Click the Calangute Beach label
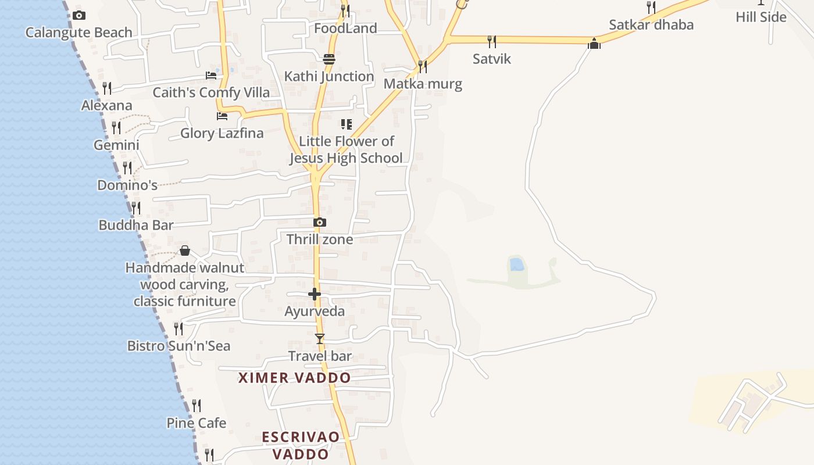78,33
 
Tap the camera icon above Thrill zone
319,222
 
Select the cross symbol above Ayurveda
315,294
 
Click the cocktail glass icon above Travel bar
319,338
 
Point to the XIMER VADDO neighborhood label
295,378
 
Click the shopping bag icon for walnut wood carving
185,251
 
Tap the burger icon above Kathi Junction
329,59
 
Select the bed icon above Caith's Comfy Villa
211,76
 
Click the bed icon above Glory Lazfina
222,116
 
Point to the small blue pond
516,265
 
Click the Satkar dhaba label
651,25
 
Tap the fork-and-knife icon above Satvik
491,41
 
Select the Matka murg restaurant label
423,84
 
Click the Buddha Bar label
136,225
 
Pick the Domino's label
127,185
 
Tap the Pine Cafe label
197,423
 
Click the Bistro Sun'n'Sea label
179,346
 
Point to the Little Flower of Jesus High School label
347,149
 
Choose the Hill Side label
761,17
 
